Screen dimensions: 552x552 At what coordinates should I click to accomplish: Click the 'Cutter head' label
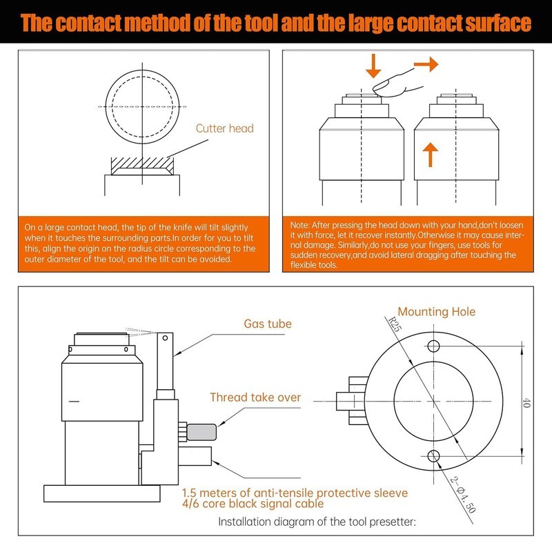[224, 128]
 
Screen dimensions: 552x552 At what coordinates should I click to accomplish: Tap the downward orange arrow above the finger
[373, 66]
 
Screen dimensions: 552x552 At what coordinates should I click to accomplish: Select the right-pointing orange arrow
[425, 65]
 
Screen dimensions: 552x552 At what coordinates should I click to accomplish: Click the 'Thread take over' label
[255, 397]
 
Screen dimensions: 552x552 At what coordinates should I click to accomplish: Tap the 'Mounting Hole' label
[436, 312]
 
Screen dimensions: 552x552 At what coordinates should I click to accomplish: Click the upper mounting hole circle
[433, 345]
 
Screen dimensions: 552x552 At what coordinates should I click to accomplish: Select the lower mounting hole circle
[433, 455]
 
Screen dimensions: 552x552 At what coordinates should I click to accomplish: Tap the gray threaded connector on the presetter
[201, 432]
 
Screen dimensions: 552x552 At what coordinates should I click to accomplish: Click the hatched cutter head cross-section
[141, 166]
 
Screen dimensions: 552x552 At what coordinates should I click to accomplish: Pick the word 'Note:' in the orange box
[302, 226]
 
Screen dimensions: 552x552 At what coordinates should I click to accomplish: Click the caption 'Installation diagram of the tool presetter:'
[317, 522]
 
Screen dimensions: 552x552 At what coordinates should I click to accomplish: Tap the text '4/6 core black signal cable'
[253, 504]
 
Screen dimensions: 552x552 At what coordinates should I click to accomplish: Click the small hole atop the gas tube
[164, 337]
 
